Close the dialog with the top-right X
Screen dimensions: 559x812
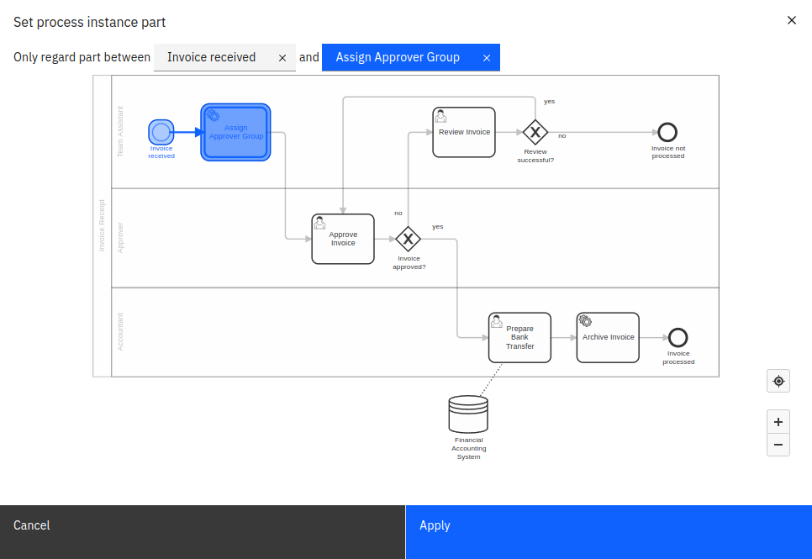791,20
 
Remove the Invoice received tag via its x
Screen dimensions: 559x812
282,58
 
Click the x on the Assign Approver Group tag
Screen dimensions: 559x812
487,58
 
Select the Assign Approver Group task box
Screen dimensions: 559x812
235,132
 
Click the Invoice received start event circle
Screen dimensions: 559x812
161,132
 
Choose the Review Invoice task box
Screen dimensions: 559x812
464,132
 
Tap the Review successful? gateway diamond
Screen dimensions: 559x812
535,132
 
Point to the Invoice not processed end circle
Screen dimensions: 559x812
667,132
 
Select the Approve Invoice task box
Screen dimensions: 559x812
343,239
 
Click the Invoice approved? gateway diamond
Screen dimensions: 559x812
408,239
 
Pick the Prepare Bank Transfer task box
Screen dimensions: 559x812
519,337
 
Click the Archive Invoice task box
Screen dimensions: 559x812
608,337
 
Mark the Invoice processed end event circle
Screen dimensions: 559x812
678,337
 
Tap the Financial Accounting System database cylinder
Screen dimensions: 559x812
468,414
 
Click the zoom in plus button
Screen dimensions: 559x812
778,422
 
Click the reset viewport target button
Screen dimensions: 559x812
778,381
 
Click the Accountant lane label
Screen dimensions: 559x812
120,332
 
